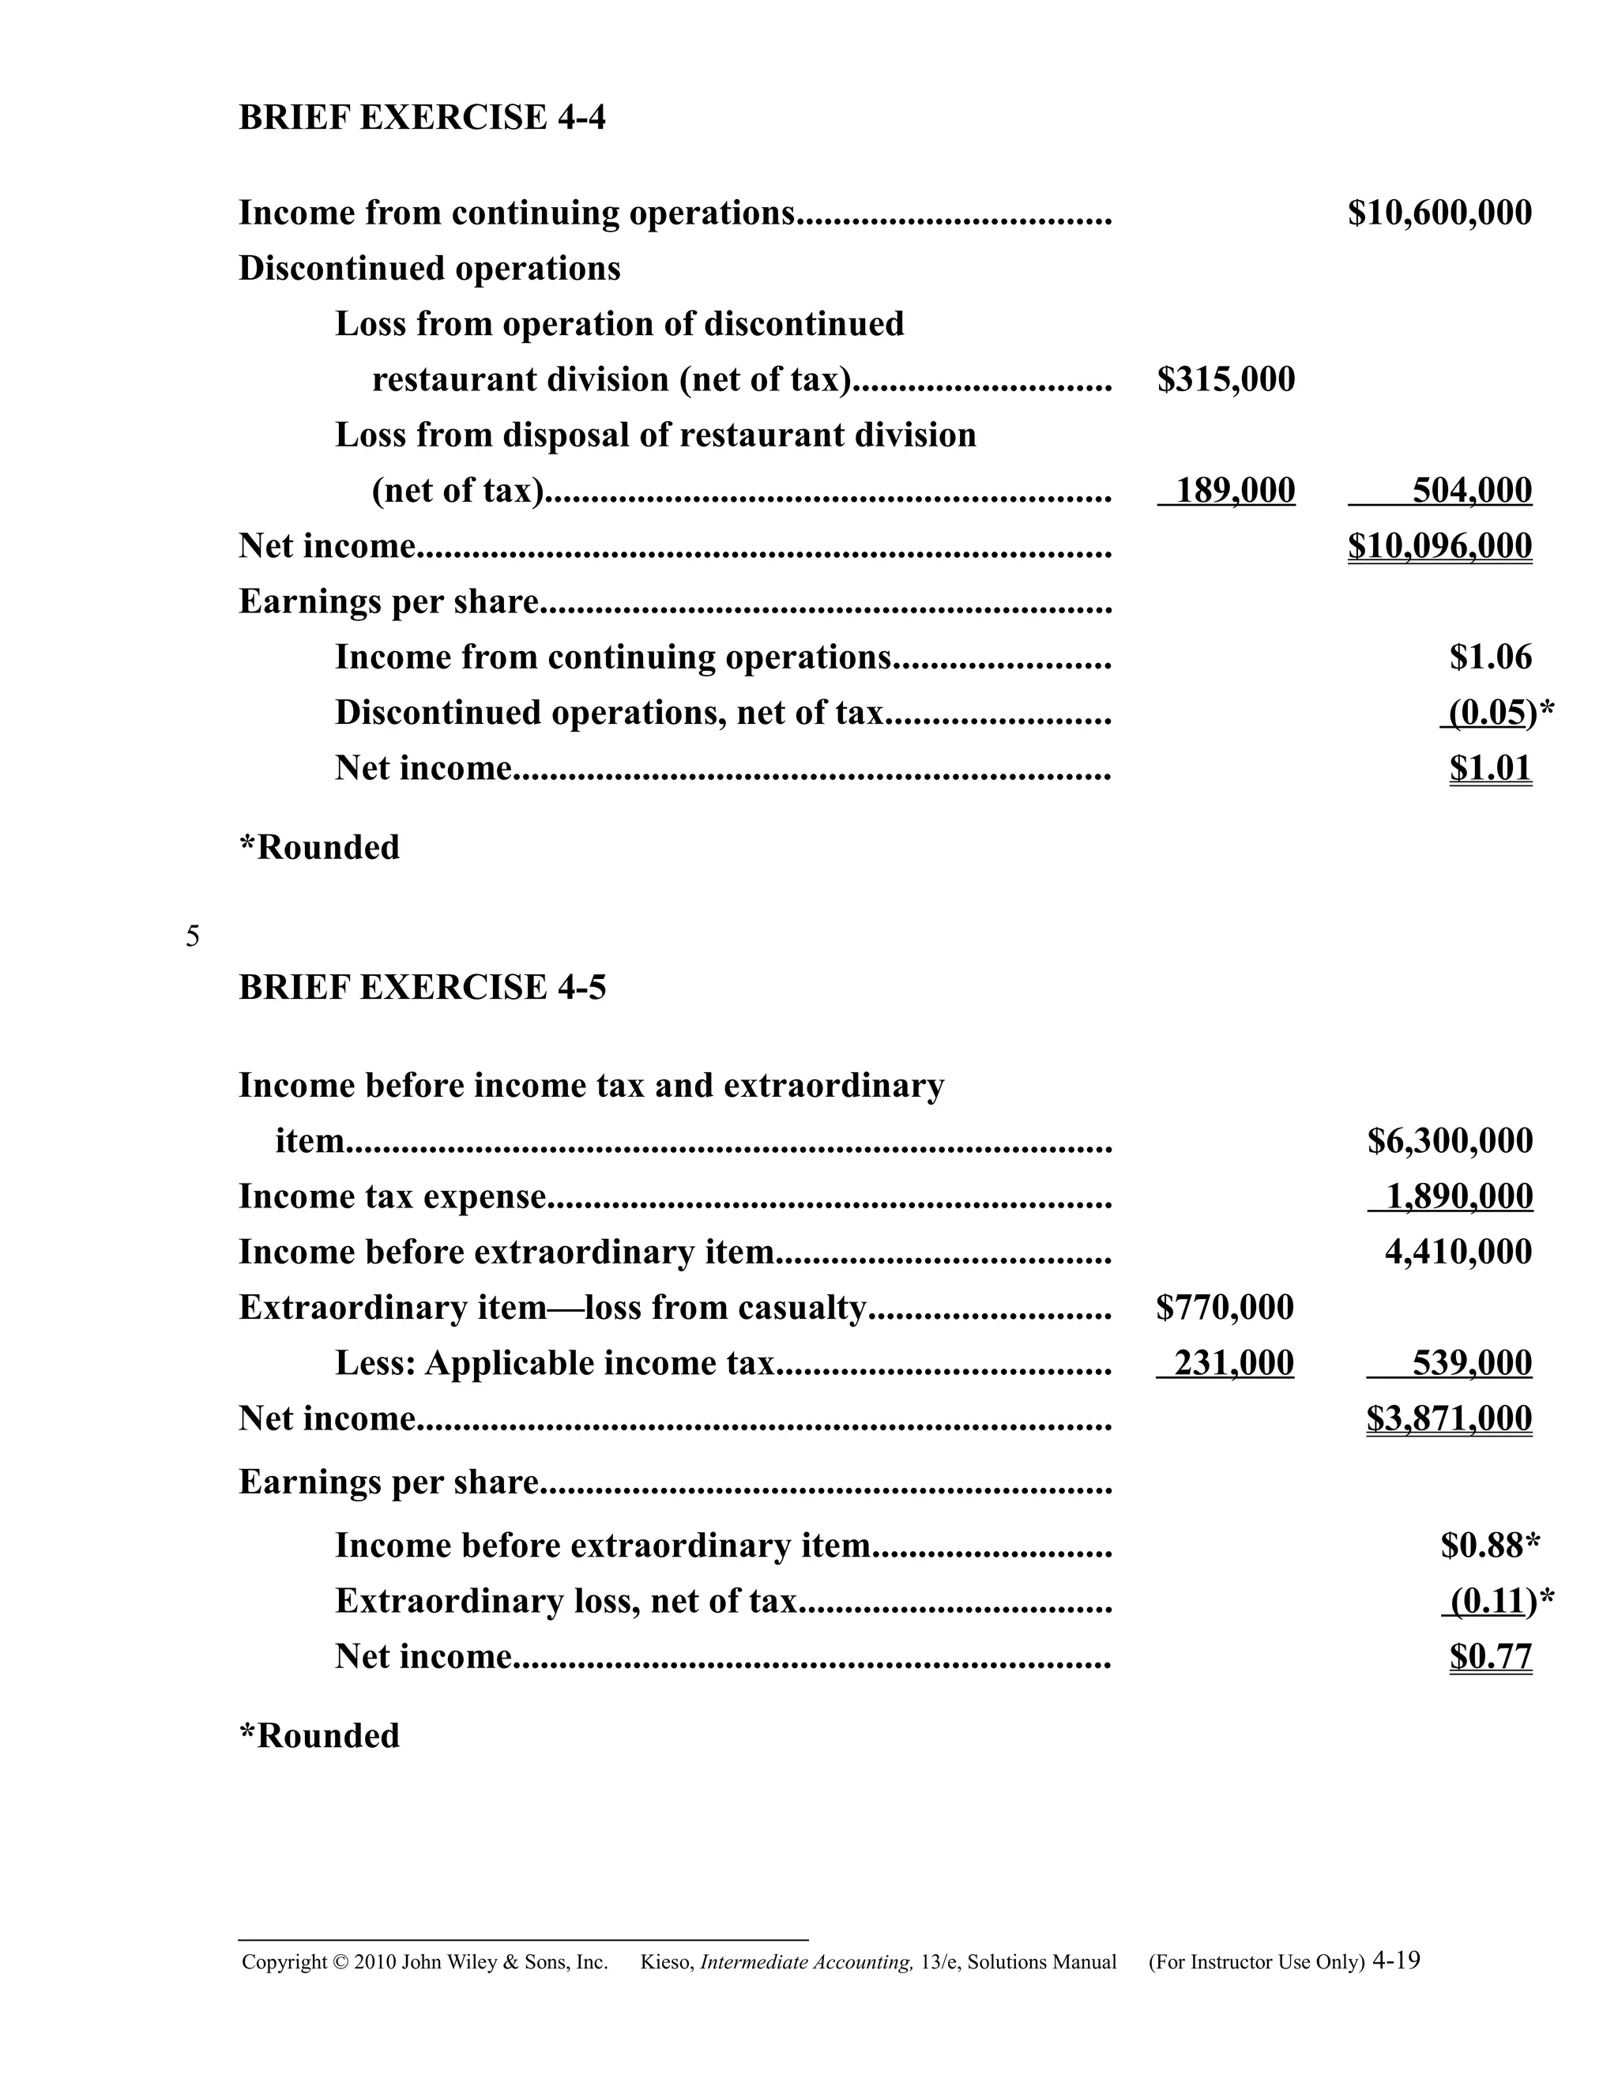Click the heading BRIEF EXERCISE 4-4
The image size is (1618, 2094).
tap(422, 118)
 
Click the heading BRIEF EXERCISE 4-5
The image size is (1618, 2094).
tap(422, 988)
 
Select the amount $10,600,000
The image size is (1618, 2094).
tap(1439, 213)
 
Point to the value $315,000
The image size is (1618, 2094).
tap(1226, 379)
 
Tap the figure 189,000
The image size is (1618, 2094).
tap(1235, 491)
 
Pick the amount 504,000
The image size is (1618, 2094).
tap(1471, 491)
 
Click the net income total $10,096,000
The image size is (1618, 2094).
tap(1439, 547)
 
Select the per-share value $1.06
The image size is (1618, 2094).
tap(1491, 657)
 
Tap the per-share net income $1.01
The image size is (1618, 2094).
tap(1491, 769)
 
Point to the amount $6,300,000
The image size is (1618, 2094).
tap(1449, 1141)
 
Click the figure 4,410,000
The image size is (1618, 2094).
tap(1458, 1252)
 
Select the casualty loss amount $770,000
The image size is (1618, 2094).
tap(1225, 1308)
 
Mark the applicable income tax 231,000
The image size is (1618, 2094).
tap(1233, 1363)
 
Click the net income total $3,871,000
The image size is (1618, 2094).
tap(1449, 1419)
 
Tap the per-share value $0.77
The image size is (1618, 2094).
tap(1491, 1657)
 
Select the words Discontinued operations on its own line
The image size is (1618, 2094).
tap(430, 269)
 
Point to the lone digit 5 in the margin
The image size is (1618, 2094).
tap(193, 936)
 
